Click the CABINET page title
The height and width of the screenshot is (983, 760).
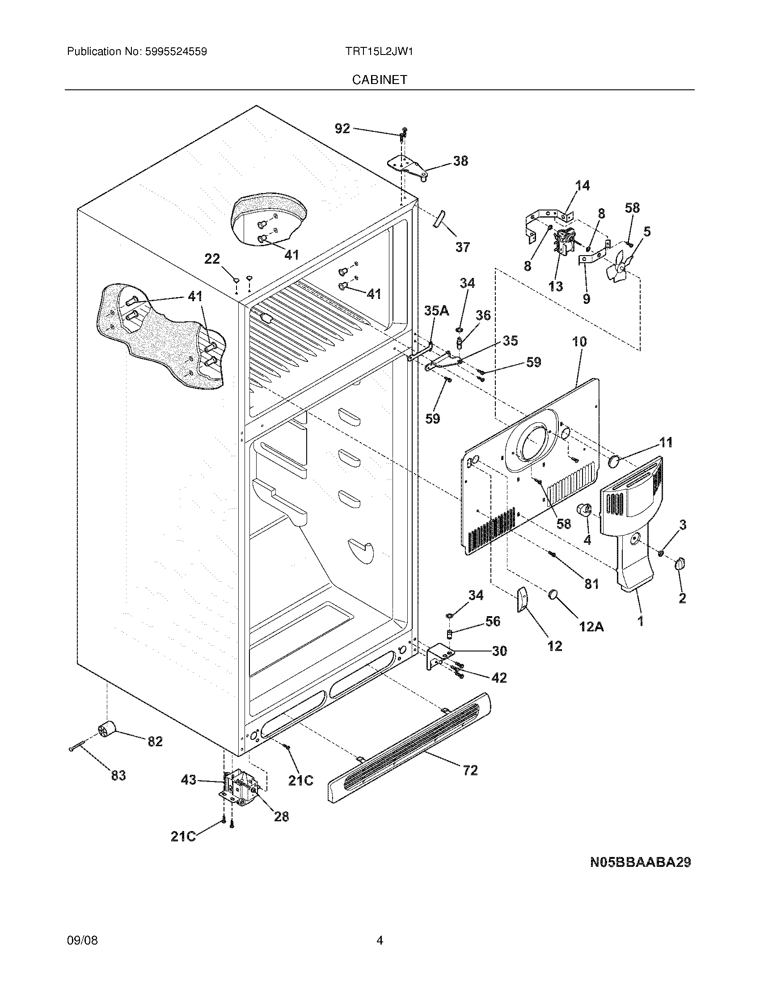point(379,80)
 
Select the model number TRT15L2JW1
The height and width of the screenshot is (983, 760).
point(379,51)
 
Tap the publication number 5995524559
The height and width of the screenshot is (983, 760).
point(176,51)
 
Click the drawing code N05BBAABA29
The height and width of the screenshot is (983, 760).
point(640,862)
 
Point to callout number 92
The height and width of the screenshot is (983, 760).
point(342,129)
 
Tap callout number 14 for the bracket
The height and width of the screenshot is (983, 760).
point(583,185)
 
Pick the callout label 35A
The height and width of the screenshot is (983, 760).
point(436,311)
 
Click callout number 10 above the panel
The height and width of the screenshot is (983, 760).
point(579,342)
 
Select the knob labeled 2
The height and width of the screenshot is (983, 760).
point(680,564)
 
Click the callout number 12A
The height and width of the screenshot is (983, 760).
point(591,626)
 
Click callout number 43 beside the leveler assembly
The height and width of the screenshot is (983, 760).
point(188,779)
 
